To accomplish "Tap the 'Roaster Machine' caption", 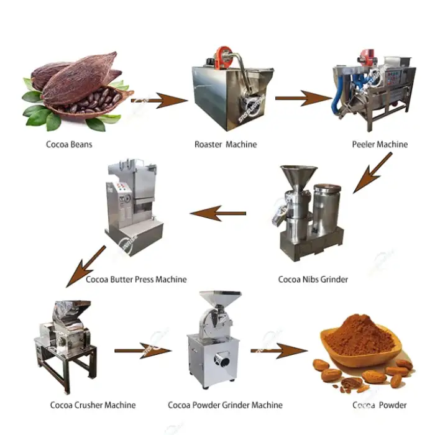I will (x=225, y=145).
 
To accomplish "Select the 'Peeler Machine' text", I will (x=378, y=145).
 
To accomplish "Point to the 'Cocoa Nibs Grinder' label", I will (x=313, y=280).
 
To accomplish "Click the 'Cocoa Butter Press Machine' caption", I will (x=136, y=280).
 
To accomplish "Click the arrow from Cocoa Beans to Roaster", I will (x=160, y=99).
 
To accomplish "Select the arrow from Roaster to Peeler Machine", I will (x=303, y=98).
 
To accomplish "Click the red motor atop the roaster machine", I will (x=222, y=54).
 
